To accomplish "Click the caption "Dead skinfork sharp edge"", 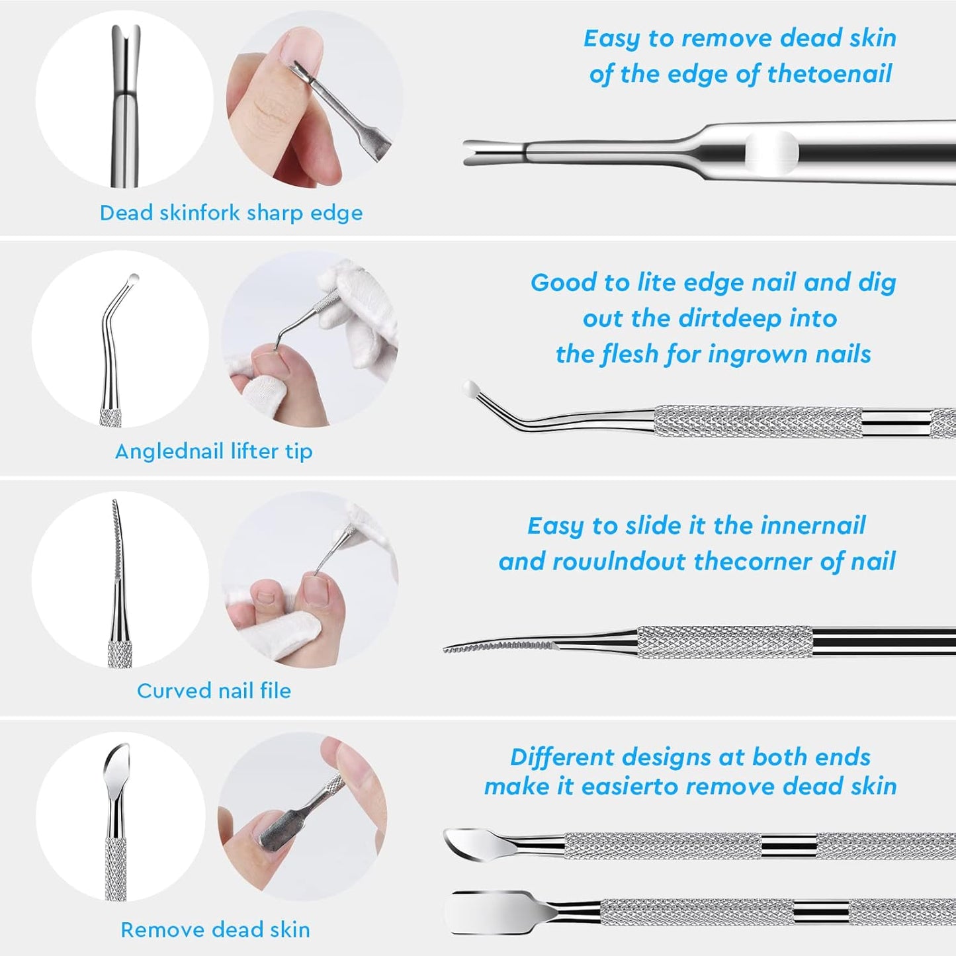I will pyautogui.click(x=231, y=213).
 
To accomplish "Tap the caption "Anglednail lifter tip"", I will pyautogui.click(x=214, y=451).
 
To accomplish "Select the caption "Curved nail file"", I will pyautogui.click(x=214, y=691).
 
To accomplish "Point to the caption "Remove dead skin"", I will pyautogui.click(x=215, y=930).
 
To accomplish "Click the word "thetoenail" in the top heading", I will pyautogui.click(x=830, y=74).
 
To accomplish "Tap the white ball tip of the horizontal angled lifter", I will pyautogui.click(x=470, y=388).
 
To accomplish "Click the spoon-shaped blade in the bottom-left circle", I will pyautogui.click(x=117, y=767).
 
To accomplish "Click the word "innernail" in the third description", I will pyautogui.click(x=813, y=526).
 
